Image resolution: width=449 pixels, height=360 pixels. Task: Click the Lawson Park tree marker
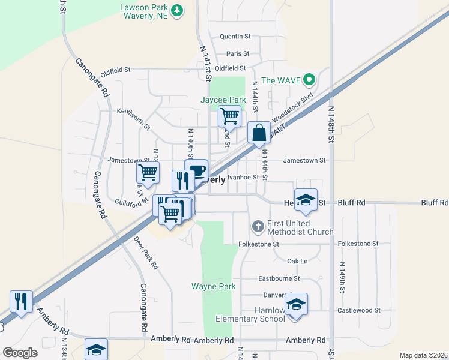[x=177, y=10]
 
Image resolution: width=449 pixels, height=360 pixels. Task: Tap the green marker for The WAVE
[x=309, y=79]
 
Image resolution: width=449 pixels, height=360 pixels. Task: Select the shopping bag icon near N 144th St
[x=259, y=133]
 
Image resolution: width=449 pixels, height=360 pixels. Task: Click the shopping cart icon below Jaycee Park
[x=229, y=115]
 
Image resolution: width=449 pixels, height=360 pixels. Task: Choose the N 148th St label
[x=331, y=124]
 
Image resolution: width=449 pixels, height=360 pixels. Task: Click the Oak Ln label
[x=297, y=261]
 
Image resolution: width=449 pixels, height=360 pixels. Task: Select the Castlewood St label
[x=358, y=310]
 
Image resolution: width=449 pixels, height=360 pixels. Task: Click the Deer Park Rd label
[x=146, y=253]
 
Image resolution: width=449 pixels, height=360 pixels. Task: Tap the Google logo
[x=20, y=352]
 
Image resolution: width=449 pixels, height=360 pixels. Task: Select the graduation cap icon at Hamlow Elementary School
[x=295, y=304]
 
